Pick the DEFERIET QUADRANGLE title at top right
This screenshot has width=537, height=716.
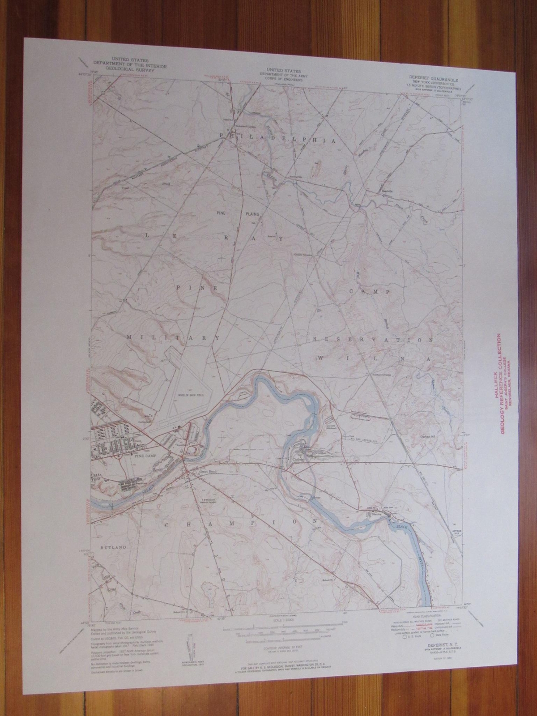[x=422, y=77]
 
